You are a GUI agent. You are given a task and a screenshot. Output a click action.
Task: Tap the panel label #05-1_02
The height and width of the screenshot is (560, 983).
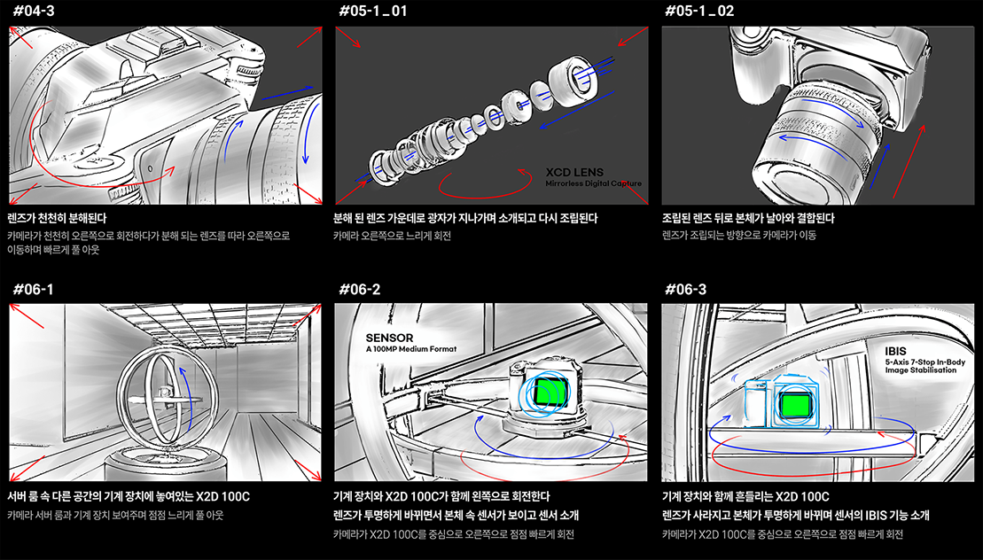point(701,12)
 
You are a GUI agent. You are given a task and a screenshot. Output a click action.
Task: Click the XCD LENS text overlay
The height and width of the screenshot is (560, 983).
point(574,172)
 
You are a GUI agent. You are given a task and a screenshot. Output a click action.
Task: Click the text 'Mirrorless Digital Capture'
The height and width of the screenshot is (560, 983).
point(592,184)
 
